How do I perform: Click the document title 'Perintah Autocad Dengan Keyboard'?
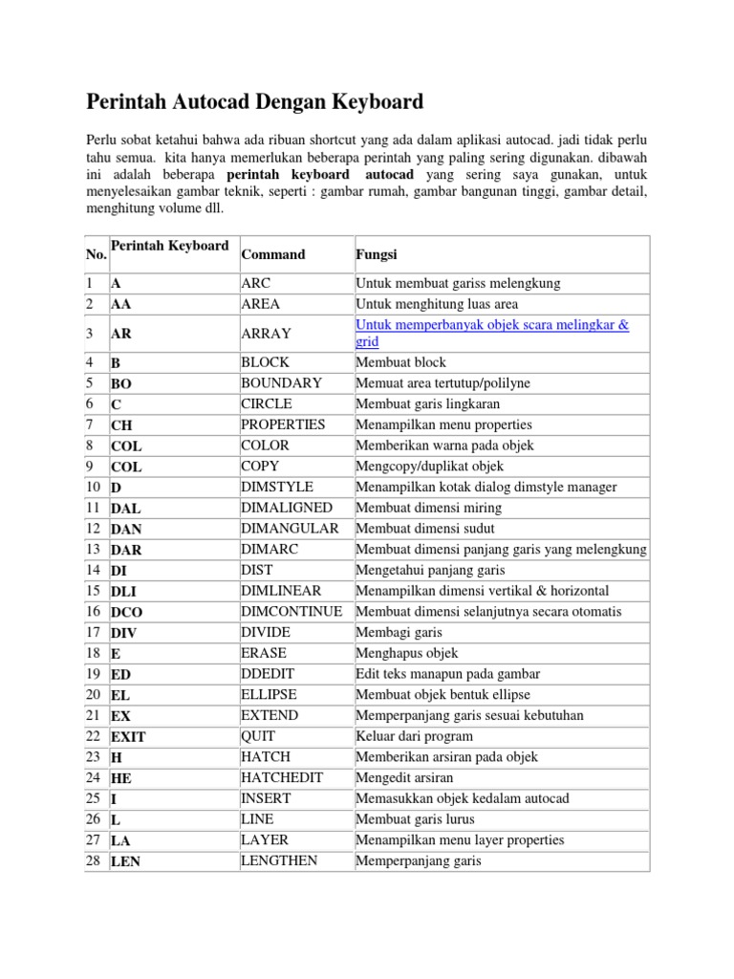click(x=255, y=101)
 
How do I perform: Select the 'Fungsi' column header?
click(x=377, y=255)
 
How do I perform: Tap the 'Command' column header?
click(x=273, y=255)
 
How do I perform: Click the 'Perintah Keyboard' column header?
click(x=169, y=247)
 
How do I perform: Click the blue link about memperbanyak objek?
click(x=492, y=333)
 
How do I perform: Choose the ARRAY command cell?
click(x=267, y=333)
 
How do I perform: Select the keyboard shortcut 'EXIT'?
click(x=128, y=737)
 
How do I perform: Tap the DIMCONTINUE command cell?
click(x=291, y=611)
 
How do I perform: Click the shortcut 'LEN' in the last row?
click(x=126, y=861)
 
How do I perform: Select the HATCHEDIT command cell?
click(x=281, y=777)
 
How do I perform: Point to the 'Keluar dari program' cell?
click(x=413, y=736)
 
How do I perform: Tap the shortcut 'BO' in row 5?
click(x=121, y=383)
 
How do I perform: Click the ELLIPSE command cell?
click(x=269, y=694)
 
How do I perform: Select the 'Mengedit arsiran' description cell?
click(x=406, y=777)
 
